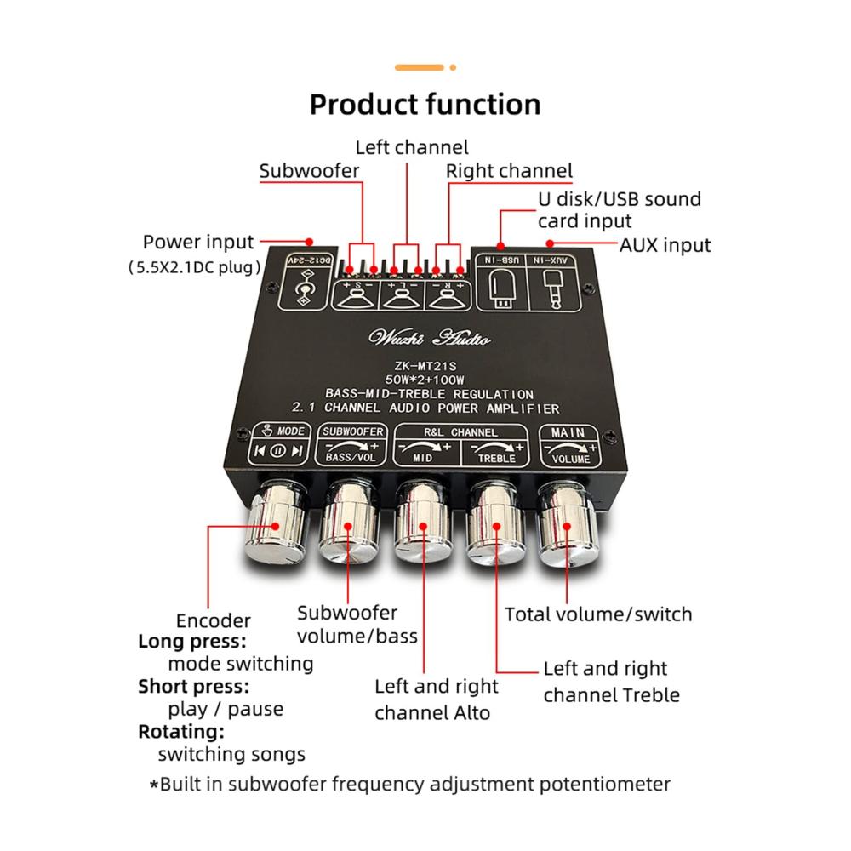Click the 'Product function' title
tap(425, 105)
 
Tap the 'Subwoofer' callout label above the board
tap(309, 171)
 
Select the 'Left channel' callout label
tap(411, 146)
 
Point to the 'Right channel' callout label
tap(509, 171)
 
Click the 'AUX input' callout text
tap(665, 245)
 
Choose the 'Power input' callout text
tap(198, 243)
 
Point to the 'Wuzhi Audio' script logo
tap(429, 338)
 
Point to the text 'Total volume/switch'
tap(598, 614)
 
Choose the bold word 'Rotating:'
tap(181, 732)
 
